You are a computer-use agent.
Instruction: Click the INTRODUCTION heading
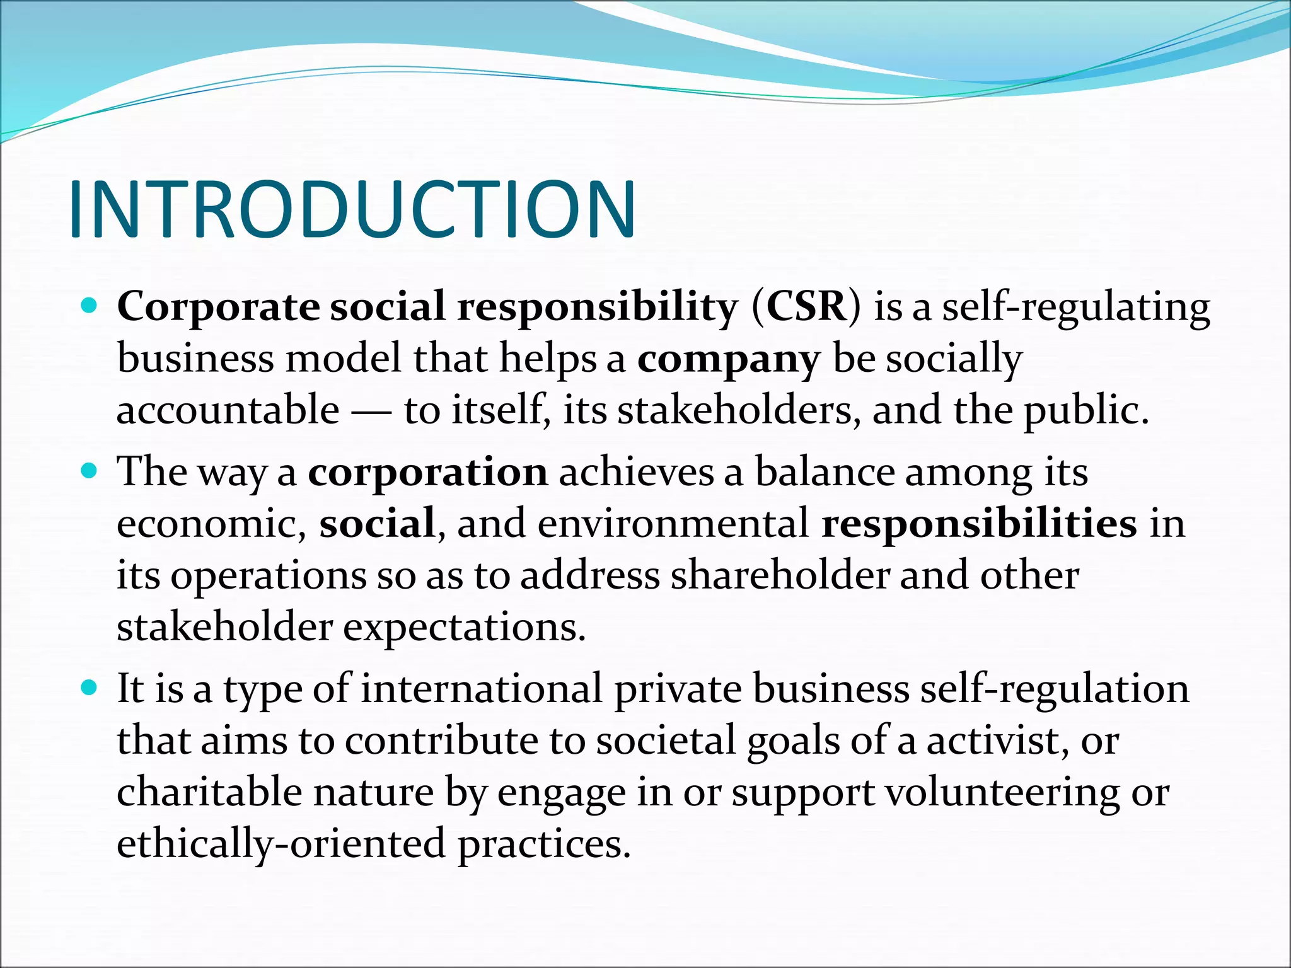[352, 210]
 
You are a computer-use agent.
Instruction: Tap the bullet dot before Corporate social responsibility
[90, 307]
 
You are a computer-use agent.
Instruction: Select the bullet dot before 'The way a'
[90, 471]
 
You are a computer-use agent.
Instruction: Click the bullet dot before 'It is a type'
[90, 688]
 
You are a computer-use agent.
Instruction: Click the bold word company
[728, 359]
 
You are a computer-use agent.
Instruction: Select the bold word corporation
[427, 472]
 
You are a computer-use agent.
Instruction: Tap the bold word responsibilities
[979, 524]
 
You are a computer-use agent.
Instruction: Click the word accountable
[228, 410]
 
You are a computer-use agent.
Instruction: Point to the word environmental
[673, 524]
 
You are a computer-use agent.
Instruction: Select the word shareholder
[779, 575]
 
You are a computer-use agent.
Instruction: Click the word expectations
[465, 628]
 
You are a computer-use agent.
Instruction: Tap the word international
[482, 689]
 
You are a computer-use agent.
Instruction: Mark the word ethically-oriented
[281, 844]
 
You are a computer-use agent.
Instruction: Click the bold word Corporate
[218, 307]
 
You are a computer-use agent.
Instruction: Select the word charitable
[209, 792]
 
